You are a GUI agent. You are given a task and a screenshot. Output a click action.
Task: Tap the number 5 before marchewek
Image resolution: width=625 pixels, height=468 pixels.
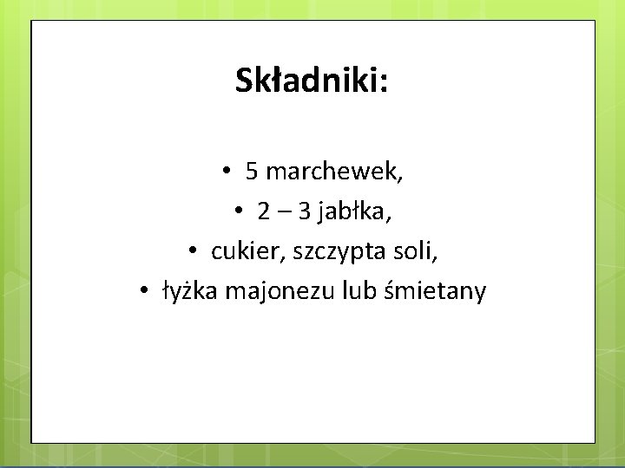[251, 172]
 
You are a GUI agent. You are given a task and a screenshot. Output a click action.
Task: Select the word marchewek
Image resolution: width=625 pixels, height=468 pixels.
[331, 172]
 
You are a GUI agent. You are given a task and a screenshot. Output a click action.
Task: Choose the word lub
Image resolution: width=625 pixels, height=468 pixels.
[360, 291]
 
